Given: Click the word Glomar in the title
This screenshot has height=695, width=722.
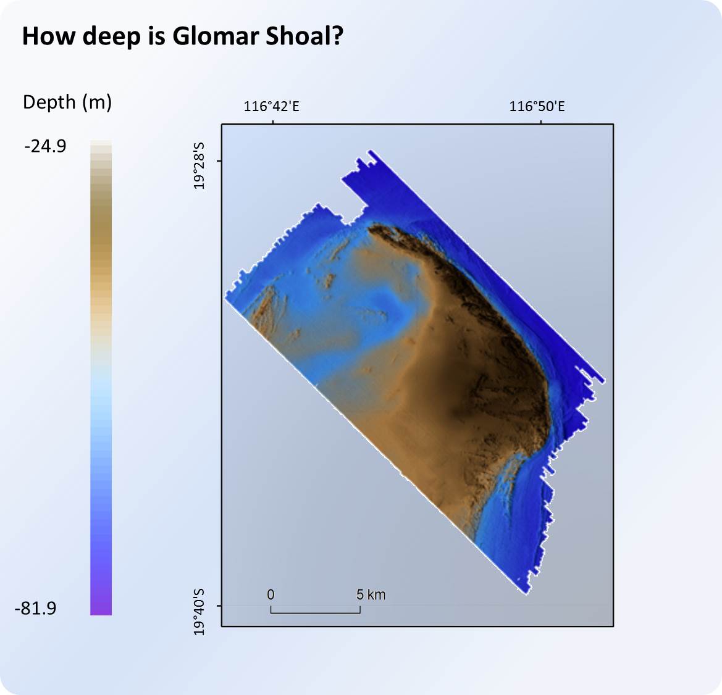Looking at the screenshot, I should (x=216, y=36).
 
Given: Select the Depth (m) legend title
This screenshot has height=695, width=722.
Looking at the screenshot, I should (x=67, y=102).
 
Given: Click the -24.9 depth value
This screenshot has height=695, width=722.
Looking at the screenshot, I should (x=46, y=146).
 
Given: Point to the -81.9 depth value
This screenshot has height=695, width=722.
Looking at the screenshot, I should (x=35, y=609).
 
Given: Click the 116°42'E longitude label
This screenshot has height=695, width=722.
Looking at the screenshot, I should (x=272, y=107).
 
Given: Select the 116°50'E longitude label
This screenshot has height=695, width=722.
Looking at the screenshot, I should (x=537, y=107).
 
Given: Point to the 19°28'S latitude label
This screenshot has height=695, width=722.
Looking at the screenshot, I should (x=199, y=165).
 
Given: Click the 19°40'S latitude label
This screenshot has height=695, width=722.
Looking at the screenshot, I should (x=199, y=611).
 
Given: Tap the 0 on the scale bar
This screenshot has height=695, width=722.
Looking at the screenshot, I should (x=271, y=594).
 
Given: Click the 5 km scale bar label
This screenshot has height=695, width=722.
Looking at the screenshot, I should (x=371, y=594).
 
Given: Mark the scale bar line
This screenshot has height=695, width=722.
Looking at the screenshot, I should (x=315, y=613).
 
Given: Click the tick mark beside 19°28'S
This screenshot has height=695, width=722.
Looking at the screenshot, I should (x=219, y=162).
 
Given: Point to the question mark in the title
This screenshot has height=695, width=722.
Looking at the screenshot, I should (x=337, y=36).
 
